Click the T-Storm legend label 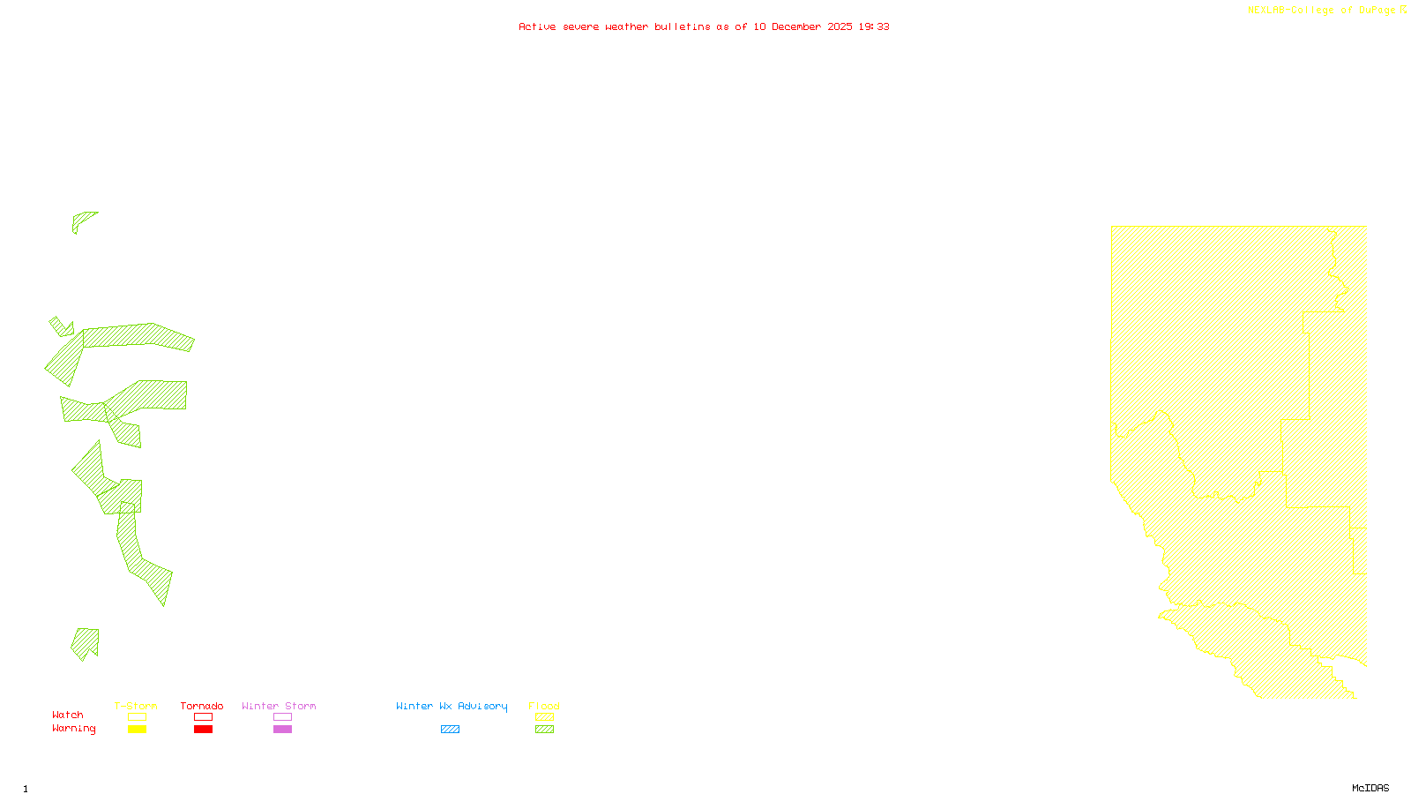136,706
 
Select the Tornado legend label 202,706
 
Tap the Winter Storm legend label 279,706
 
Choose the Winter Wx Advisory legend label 452,706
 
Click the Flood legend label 544,706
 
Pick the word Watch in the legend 68,715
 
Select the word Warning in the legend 73,729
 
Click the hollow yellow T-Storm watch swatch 137,717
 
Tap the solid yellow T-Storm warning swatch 137,730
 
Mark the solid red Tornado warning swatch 203,730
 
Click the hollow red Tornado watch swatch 203,717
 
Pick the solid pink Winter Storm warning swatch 282,730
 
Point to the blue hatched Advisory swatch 450,730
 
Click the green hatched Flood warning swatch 545,730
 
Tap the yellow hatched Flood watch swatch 545,717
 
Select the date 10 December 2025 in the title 803,26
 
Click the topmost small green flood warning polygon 82,220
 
